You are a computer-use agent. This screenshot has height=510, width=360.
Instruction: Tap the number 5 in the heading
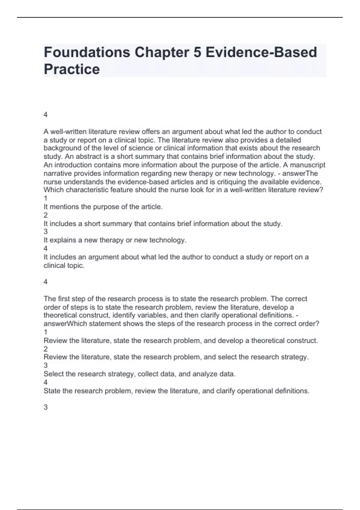(x=197, y=52)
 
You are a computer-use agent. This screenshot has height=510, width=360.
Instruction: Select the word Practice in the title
(x=72, y=69)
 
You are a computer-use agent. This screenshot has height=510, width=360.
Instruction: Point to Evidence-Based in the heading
(x=261, y=52)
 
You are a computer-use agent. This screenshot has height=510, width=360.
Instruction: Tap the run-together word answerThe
(x=300, y=173)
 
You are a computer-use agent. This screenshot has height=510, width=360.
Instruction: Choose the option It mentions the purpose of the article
(x=103, y=207)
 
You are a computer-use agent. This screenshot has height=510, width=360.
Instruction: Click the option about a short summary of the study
(x=163, y=223)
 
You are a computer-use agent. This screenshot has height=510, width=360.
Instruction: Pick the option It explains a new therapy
(x=115, y=240)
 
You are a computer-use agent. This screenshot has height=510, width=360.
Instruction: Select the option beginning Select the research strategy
(x=139, y=374)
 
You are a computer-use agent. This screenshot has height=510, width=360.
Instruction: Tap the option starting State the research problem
(x=176, y=391)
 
